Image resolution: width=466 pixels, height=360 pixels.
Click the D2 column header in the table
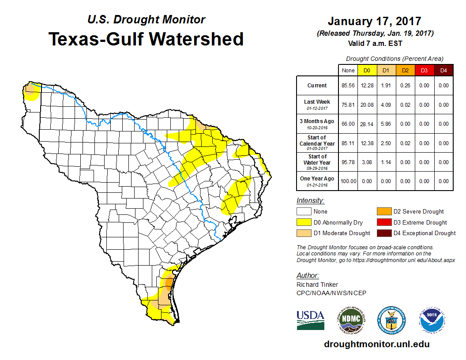click(405, 70)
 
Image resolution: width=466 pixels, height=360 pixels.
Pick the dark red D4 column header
click(443, 70)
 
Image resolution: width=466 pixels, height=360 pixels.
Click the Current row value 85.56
click(348, 86)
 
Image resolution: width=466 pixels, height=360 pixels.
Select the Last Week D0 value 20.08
click(367, 105)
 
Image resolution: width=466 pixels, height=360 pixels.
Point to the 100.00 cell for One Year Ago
click(348, 181)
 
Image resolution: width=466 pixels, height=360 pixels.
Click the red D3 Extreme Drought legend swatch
click(383, 222)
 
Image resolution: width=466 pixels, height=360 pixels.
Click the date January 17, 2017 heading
click(374, 21)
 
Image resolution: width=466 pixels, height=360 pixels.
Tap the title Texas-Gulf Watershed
click(146, 39)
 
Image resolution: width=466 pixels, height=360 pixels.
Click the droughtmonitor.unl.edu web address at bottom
click(376, 344)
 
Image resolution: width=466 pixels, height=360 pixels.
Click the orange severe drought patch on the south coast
click(168, 282)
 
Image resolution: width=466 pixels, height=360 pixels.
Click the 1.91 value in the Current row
click(386, 86)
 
